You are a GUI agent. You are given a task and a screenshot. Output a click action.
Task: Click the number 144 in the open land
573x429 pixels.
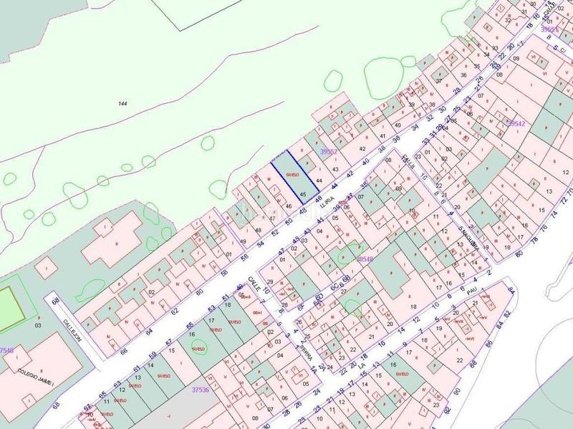point(122,105)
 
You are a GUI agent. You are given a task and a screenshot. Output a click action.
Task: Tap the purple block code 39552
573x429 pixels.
point(328,152)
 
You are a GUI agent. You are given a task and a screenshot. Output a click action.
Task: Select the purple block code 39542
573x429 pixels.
point(516,124)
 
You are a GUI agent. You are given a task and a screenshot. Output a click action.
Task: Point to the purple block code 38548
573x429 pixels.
point(365,259)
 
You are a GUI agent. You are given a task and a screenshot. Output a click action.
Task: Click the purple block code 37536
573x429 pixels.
point(201,390)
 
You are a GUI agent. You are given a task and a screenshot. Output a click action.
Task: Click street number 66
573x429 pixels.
point(123,352)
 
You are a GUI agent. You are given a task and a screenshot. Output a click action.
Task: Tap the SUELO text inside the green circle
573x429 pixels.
point(198,348)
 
